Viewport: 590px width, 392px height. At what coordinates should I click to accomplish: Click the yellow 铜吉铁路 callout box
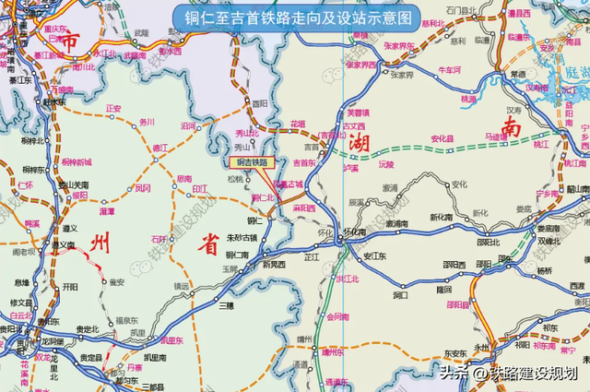252,162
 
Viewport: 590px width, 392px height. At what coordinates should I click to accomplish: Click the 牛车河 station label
449,69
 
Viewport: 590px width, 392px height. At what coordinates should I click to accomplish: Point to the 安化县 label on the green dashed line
444,139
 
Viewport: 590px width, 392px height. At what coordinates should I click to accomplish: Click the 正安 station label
113,108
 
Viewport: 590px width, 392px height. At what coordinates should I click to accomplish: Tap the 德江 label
160,147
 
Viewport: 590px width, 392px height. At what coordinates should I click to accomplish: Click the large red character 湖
359,143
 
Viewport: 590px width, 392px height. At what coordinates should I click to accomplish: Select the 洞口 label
399,296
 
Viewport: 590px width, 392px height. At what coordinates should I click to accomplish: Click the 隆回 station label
444,290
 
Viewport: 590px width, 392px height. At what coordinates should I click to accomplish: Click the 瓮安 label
117,282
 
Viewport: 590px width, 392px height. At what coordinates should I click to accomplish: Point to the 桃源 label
469,99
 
